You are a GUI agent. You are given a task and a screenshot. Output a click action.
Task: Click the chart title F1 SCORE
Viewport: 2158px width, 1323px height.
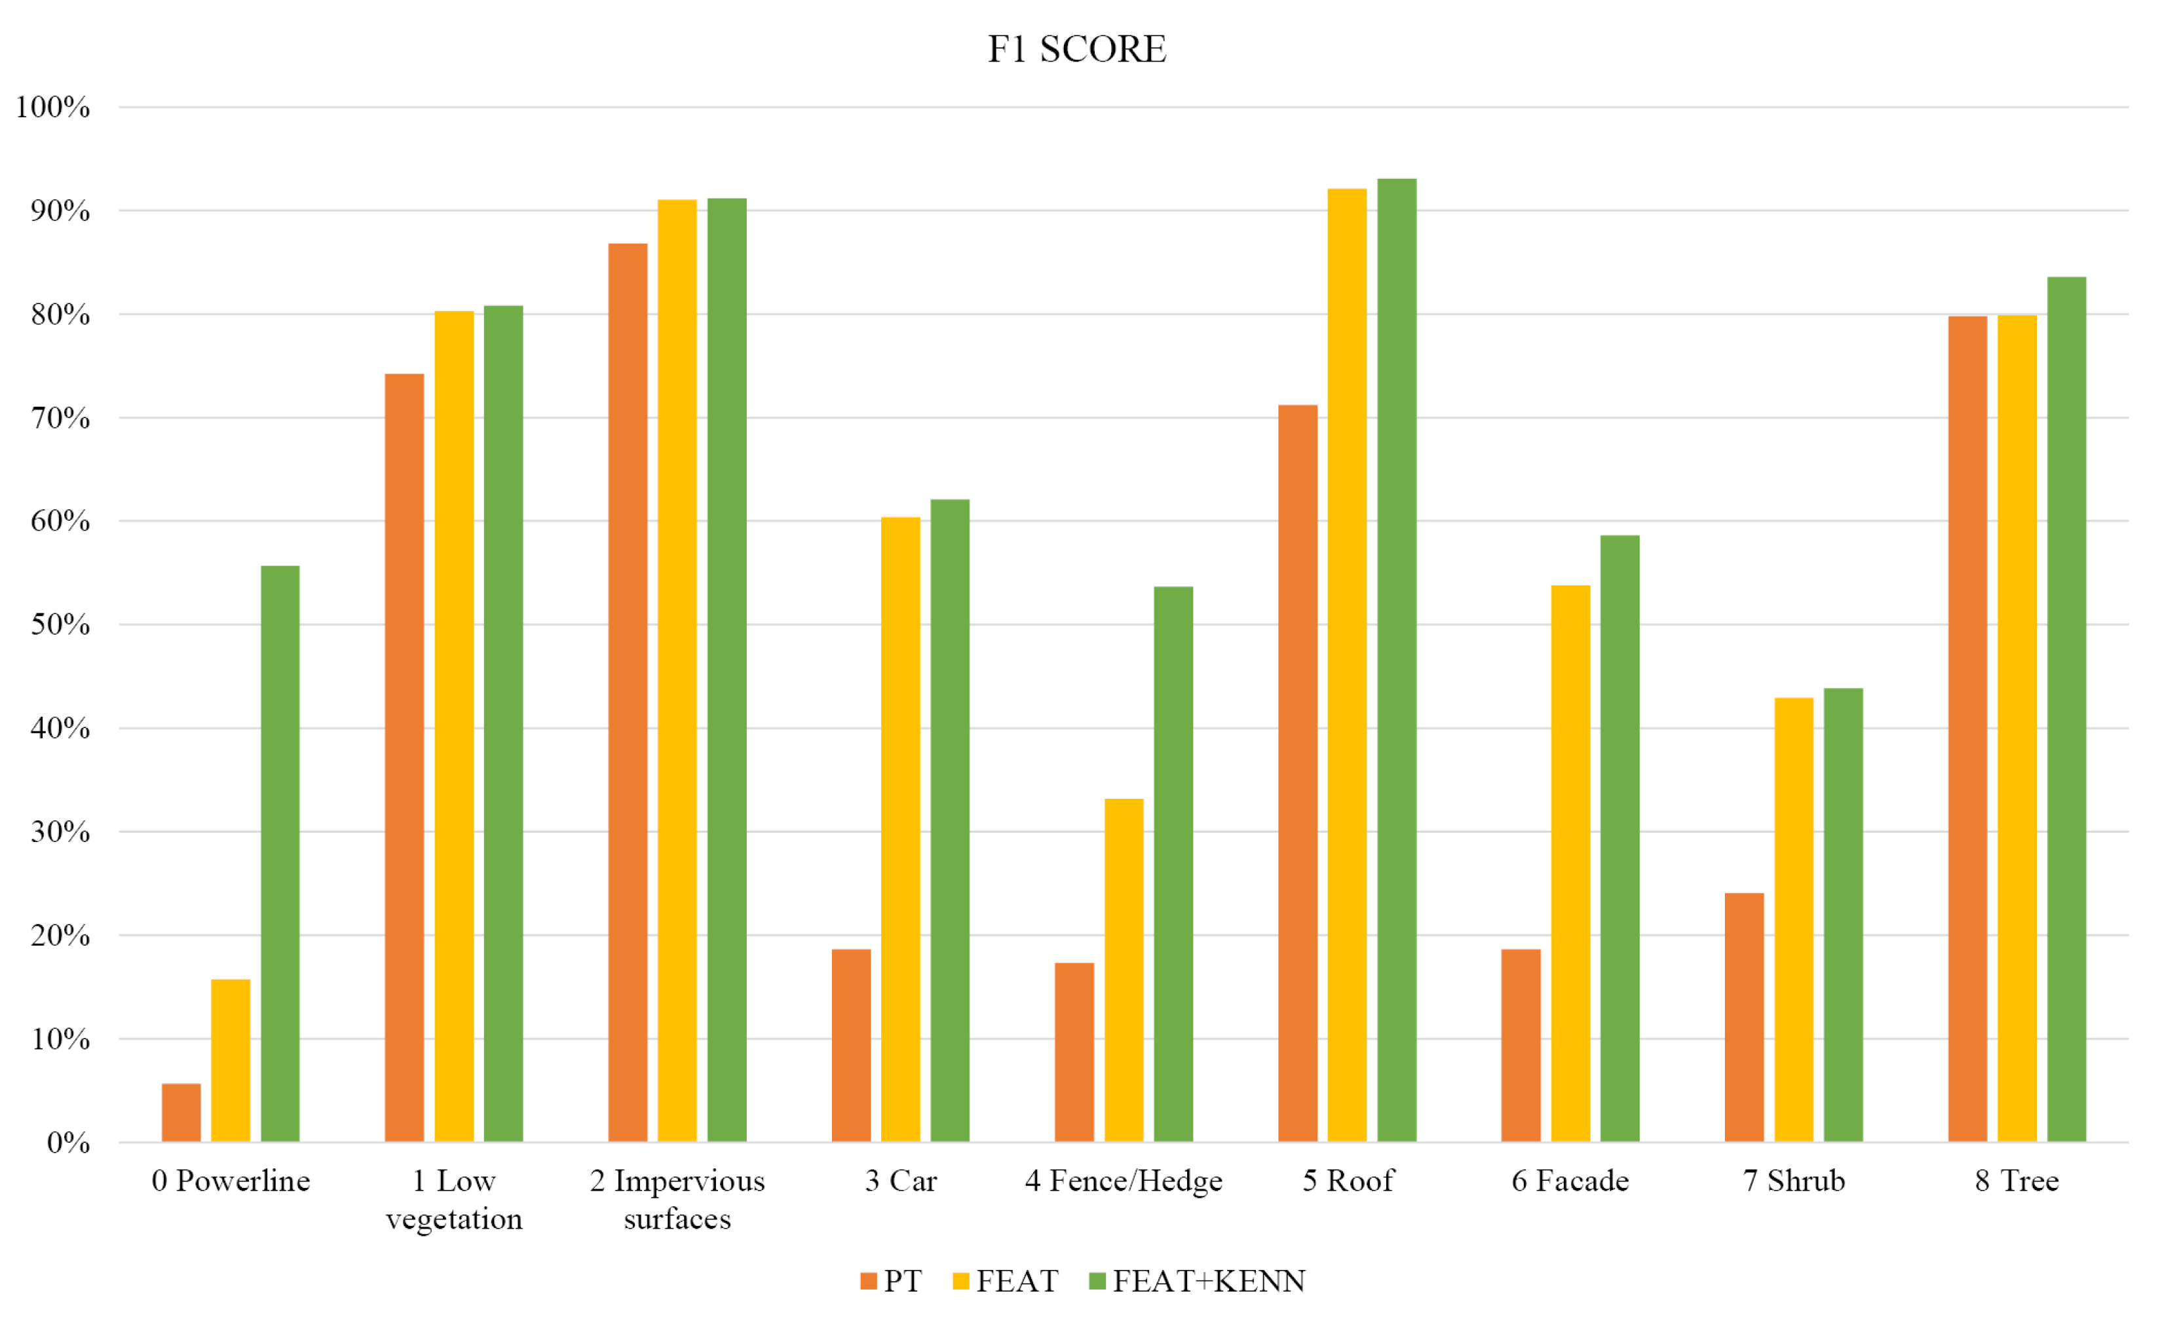(1076, 49)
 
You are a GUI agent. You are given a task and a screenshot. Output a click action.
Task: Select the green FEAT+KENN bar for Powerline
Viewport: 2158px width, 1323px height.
(280, 854)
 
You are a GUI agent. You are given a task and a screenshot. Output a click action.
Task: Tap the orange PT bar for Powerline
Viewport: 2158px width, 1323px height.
(181, 1113)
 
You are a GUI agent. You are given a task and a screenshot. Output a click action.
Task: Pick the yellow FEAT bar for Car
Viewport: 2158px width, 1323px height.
(900, 830)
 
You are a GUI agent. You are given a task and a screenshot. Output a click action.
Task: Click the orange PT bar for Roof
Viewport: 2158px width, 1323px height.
(1297, 774)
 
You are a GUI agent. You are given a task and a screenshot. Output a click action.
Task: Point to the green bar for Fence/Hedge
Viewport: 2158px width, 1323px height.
(1173, 865)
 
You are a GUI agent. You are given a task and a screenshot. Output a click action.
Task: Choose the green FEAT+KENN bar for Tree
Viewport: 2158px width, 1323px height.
(2066, 710)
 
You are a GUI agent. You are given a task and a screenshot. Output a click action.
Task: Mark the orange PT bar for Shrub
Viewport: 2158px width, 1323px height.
(1744, 1018)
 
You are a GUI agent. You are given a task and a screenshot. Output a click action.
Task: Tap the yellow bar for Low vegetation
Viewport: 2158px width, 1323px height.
(453, 727)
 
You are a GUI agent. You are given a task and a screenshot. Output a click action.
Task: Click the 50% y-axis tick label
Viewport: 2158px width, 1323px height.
(60, 624)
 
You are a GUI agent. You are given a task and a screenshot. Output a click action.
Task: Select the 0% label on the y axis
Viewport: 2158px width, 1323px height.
(68, 1143)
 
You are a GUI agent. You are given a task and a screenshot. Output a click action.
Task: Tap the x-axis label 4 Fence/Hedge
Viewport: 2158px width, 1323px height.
(1124, 1181)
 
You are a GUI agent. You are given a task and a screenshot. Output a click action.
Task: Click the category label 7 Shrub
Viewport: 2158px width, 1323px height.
(1794, 1181)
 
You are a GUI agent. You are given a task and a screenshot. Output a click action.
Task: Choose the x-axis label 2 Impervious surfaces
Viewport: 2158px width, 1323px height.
(677, 1198)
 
